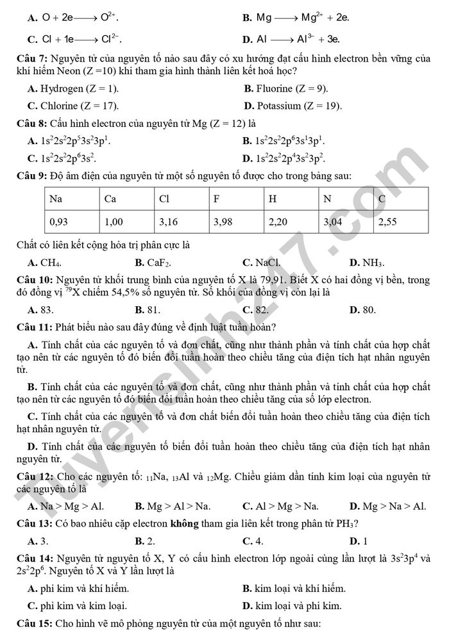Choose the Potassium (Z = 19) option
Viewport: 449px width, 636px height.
299,105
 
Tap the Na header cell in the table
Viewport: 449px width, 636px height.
56,199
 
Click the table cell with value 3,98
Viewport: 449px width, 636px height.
222,222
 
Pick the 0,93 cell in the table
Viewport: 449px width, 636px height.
58,222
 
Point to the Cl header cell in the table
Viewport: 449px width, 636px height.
164,199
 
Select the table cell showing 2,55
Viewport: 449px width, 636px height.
387,222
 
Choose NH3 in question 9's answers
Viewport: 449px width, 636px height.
372,262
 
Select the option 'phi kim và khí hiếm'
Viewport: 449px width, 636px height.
83,588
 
